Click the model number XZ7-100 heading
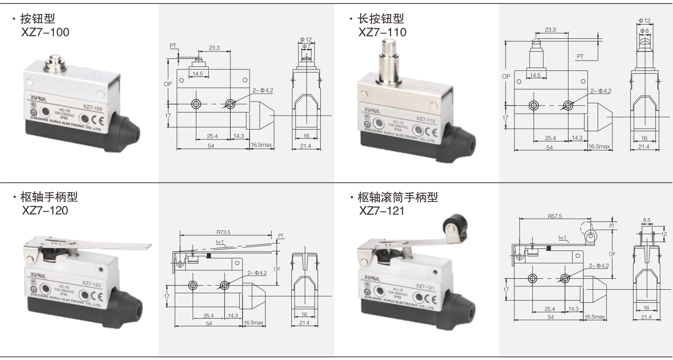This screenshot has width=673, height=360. [x=45, y=32]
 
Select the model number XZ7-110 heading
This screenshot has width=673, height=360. [x=382, y=32]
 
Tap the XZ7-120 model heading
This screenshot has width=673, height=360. [x=45, y=211]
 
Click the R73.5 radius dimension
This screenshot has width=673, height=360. [x=223, y=233]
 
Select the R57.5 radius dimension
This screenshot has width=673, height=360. [x=555, y=216]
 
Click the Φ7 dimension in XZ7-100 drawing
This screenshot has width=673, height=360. [x=306, y=46]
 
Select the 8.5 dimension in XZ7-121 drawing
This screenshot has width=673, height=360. [x=647, y=219]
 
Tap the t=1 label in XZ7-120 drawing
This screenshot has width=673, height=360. [x=220, y=242]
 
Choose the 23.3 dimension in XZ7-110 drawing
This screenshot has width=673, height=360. [x=550, y=30]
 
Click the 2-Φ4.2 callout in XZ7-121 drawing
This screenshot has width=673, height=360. [x=599, y=265]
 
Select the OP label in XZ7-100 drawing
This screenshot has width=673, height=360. [x=167, y=84]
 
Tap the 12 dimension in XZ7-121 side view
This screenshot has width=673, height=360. [x=664, y=234]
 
